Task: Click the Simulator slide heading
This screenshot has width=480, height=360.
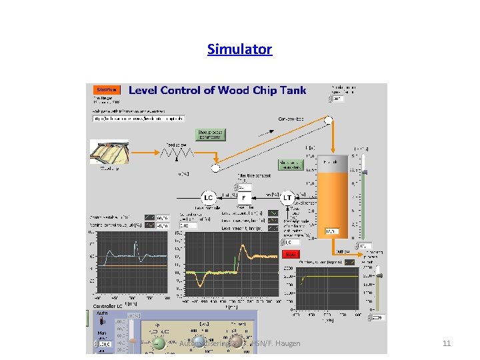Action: (239, 49)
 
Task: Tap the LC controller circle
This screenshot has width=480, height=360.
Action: (208, 197)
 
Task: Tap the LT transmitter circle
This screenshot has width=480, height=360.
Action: (288, 197)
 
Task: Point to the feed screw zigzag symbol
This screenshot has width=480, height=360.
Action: (178, 153)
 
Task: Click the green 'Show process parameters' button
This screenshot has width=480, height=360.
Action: (210, 135)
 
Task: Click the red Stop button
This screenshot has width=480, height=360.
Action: (290, 254)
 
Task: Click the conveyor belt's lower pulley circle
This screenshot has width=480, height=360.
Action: (215, 167)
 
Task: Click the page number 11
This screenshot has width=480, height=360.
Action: (447, 343)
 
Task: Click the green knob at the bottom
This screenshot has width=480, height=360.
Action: (159, 343)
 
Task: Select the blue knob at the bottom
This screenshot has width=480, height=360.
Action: (199, 343)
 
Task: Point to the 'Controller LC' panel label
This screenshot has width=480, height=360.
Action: (109, 306)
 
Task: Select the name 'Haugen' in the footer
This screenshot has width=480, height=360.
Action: (287, 343)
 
